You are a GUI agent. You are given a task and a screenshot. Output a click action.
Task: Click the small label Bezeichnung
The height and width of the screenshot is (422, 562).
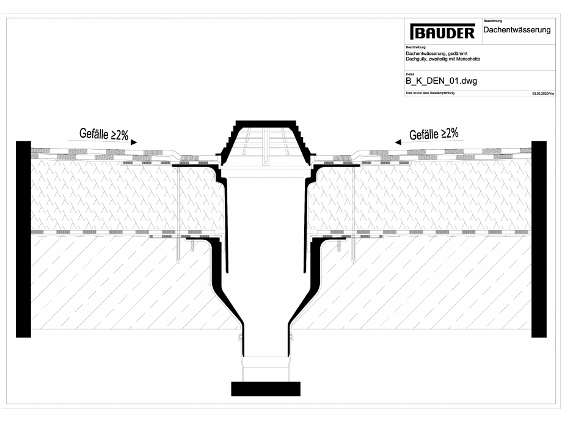point(492,21)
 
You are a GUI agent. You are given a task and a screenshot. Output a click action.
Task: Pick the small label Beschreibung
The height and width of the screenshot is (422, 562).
point(416,47)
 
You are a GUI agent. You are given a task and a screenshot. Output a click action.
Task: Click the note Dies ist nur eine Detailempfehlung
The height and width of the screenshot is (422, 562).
point(430,93)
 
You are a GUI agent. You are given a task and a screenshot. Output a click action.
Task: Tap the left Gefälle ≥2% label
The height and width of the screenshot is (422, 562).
point(104,135)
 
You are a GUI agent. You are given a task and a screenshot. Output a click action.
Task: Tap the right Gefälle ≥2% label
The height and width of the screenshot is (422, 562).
point(434,133)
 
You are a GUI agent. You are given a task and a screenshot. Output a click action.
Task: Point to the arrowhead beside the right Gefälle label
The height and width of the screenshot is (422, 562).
point(398,142)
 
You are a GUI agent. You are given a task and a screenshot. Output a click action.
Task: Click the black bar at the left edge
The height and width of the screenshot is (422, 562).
point(23,239)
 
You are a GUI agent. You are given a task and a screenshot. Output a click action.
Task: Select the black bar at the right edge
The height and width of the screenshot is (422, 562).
point(539,239)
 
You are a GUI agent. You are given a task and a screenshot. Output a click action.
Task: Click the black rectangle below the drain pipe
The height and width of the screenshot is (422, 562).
point(266,388)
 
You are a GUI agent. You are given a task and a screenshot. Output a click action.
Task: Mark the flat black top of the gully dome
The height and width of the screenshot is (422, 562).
point(266,122)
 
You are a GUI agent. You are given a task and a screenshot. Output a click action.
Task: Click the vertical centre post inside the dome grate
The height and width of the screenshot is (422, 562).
point(266,147)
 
